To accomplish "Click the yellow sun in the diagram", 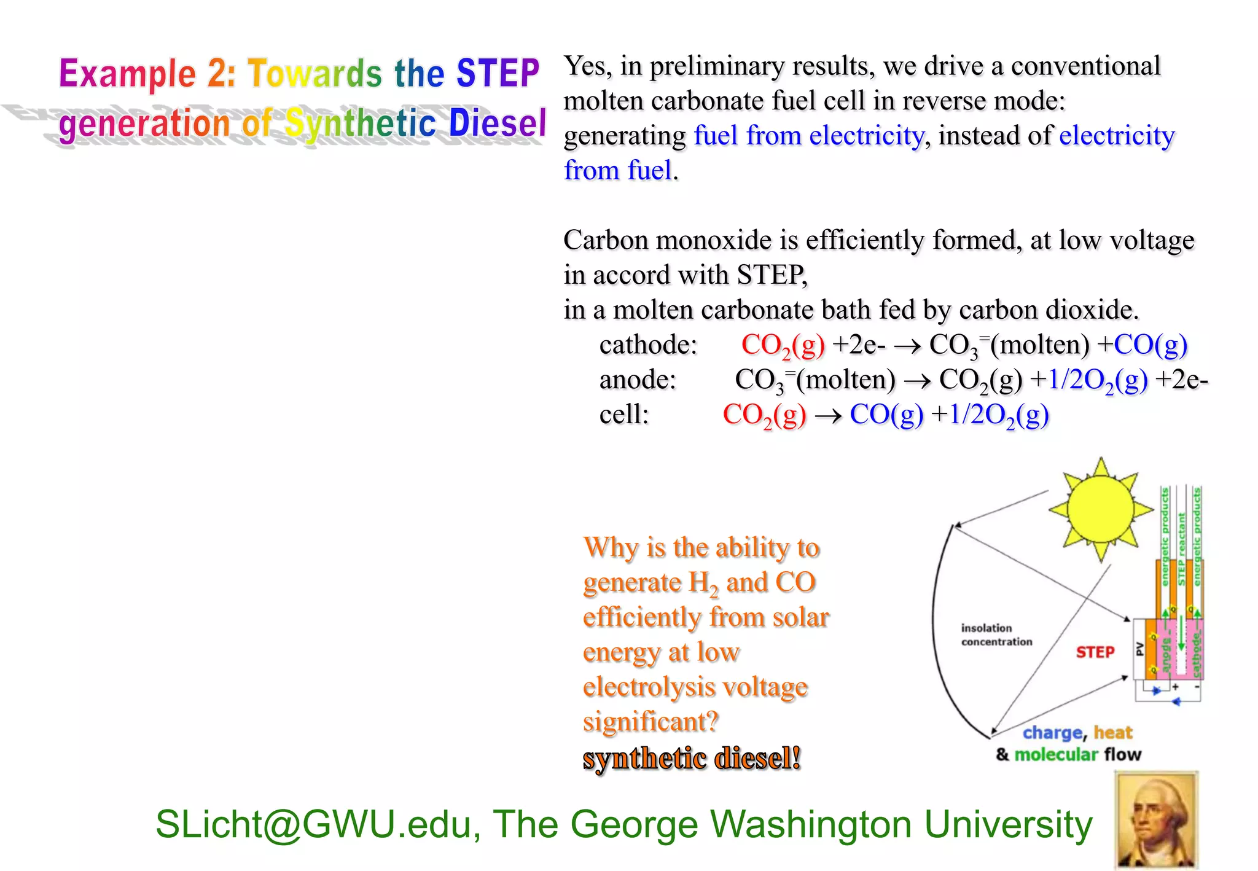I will pyautogui.click(x=1100, y=509).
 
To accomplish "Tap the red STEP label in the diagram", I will pyautogui.click(x=1095, y=652).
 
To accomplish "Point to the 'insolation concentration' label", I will pyautogui.click(x=996, y=635).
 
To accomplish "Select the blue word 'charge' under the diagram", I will pyautogui.click(x=1052, y=733).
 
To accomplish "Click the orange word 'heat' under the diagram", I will pyautogui.click(x=1112, y=732).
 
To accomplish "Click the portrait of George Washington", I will pyautogui.click(x=1156, y=820).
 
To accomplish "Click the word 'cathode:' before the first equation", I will pyautogui.click(x=648, y=345).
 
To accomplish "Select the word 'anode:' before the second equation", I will pyautogui.click(x=638, y=380).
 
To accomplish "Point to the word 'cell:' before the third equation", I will pyautogui.click(x=624, y=415).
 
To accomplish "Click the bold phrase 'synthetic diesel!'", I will pyautogui.click(x=692, y=758).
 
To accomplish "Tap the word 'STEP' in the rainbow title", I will pyautogui.click(x=498, y=73).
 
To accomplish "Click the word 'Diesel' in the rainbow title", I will pyautogui.click(x=497, y=123).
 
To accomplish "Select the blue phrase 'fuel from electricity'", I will pyautogui.click(x=808, y=136).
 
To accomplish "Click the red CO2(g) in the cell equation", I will pyautogui.click(x=764, y=415).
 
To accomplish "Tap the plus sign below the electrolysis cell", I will pyautogui.click(x=1175, y=687).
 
